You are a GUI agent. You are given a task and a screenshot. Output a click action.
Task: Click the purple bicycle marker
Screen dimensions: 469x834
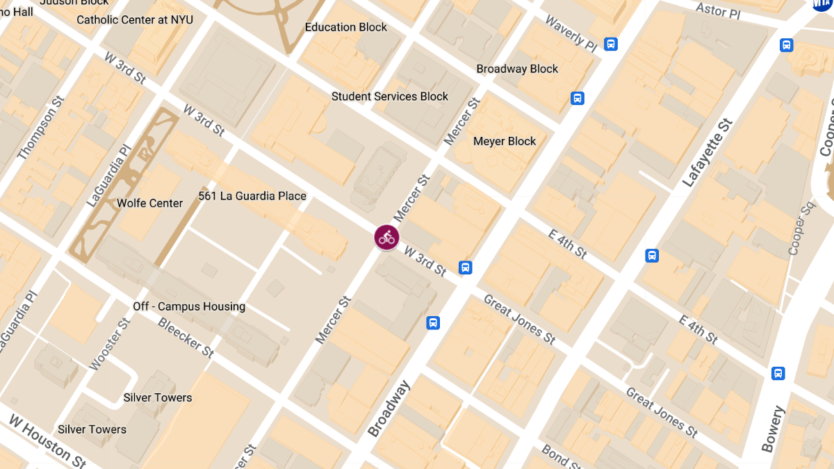click(x=386, y=237)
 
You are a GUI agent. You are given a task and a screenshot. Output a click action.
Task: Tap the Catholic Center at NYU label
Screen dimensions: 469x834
click(x=135, y=19)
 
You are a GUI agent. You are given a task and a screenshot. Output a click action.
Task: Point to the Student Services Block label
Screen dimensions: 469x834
click(x=390, y=97)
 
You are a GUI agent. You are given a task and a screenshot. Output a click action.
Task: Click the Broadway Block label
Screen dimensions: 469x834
click(x=517, y=69)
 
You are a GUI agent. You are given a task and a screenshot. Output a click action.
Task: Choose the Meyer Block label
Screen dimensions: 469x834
click(x=505, y=141)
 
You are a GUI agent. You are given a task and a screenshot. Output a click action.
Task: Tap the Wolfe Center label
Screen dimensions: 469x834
click(x=149, y=203)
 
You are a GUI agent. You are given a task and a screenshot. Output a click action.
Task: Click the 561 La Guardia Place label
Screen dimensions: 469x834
click(x=252, y=196)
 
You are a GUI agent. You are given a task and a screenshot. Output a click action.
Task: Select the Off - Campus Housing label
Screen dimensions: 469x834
click(x=189, y=306)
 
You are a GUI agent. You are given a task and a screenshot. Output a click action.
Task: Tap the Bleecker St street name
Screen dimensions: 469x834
click(x=186, y=337)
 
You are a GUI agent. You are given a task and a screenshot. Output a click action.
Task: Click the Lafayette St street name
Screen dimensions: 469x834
click(x=708, y=154)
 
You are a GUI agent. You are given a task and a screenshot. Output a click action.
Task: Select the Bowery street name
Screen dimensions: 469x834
click(x=772, y=429)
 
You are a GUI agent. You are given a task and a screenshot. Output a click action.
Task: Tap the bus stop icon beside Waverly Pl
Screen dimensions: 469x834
click(x=611, y=44)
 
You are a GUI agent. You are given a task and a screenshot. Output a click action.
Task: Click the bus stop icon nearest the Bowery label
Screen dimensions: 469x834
click(x=778, y=373)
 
